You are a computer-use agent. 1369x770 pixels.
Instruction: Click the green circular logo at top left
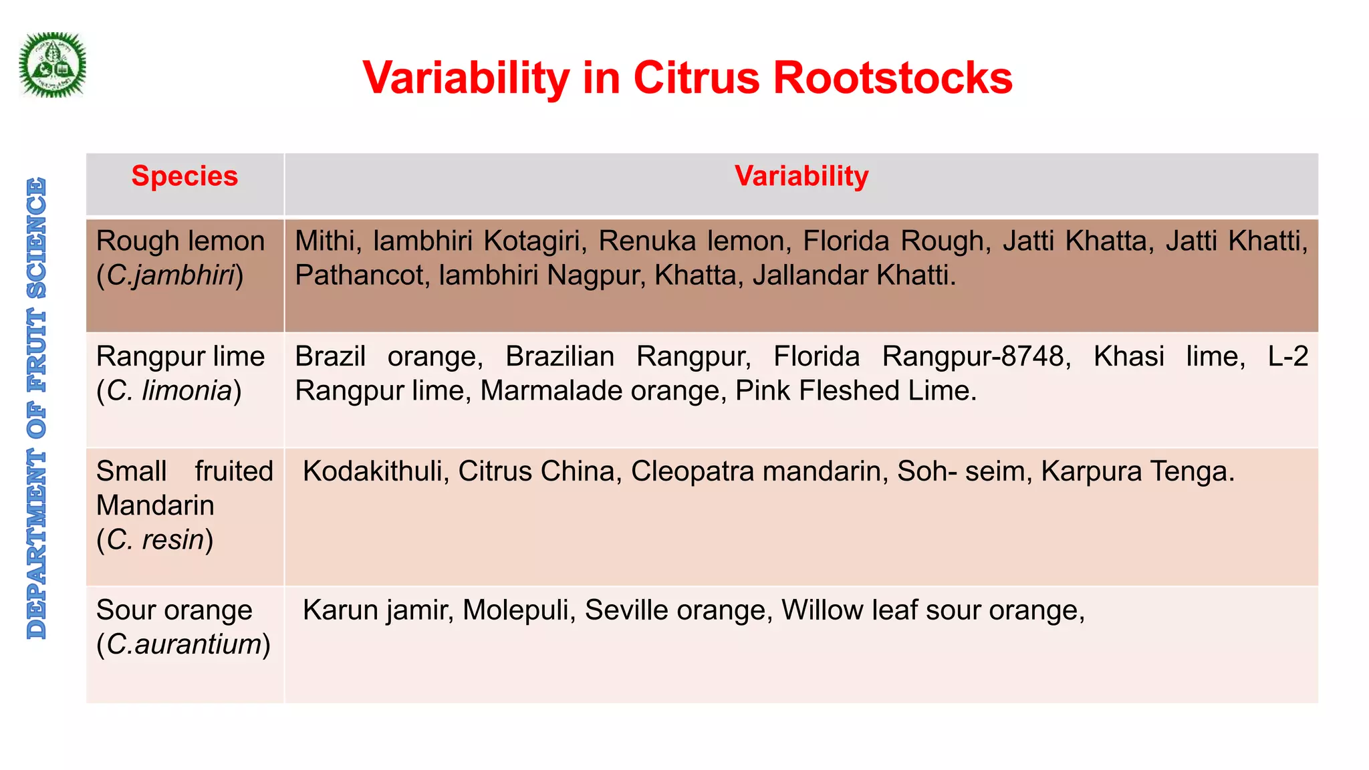(x=52, y=66)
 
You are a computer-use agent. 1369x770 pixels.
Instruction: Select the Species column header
(x=184, y=176)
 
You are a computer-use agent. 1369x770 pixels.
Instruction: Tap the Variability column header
(x=801, y=176)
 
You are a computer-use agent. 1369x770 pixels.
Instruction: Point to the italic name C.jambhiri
(x=170, y=275)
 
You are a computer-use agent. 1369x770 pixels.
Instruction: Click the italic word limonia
(x=187, y=391)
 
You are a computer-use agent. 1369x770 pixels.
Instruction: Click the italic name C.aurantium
(x=184, y=644)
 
